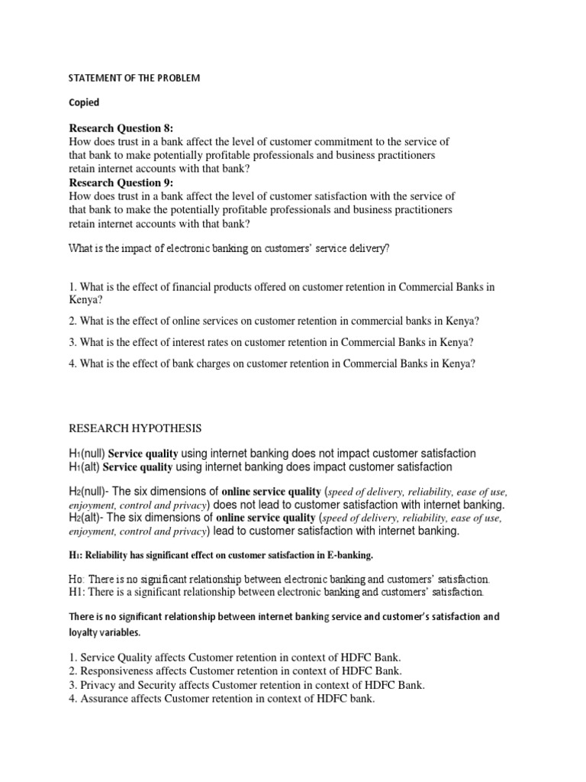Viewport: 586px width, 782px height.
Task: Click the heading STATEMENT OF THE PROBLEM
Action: [134, 79]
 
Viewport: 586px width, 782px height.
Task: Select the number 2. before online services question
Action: [73, 321]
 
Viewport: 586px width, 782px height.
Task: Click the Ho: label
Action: [79, 578]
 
